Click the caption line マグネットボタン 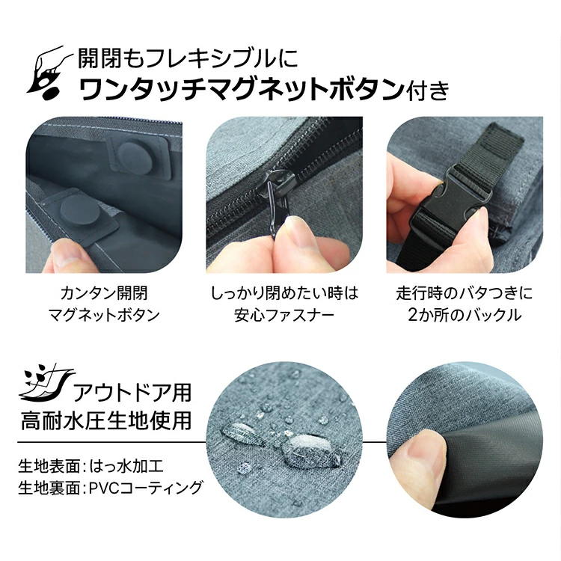click(x=104, y=315)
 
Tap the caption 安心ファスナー click(x=284, y=315)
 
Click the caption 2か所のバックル click(x=465, y=315)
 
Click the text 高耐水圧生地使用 click(x=106, y=420)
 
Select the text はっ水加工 click(x=127, y=466)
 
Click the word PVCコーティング click(x=146, y=487)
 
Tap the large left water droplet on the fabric click(x=242, y=434)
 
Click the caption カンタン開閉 click(x=104, y=294)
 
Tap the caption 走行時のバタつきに click(x=465, y=294)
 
